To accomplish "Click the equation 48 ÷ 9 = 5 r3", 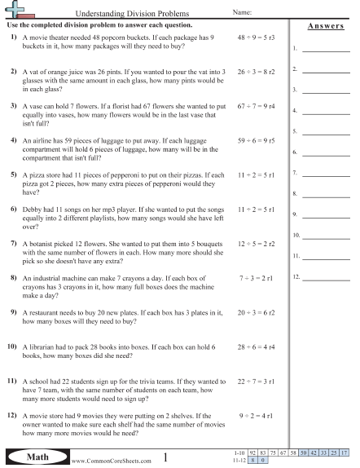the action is pos(255,38).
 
